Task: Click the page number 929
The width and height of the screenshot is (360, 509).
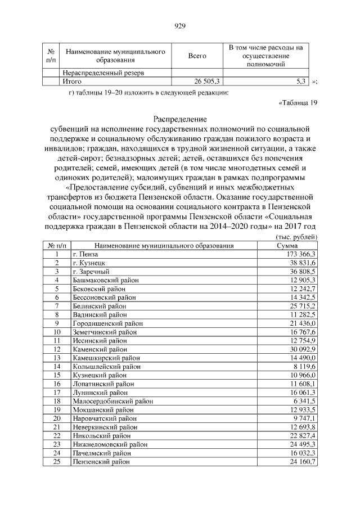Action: [x=180, y=26]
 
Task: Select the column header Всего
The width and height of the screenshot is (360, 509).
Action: [x=197, y=56]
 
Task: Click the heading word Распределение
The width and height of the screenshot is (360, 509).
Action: [x=180, y=119]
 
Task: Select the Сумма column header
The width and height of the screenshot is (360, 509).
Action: [x=291, y=246]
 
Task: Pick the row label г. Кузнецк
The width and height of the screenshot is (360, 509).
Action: [x=89, y=263]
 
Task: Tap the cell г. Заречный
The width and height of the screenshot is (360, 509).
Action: [x=91, y=271]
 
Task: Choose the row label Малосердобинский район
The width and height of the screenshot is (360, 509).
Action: [x=112, y=401]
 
